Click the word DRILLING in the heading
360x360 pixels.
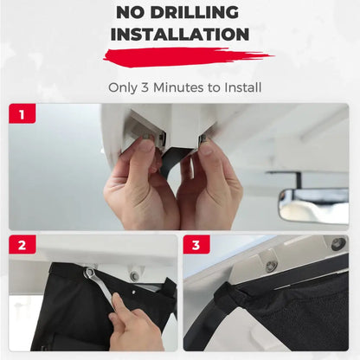click(x=195, y=12)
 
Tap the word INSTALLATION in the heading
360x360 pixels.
click(x=180, y=35)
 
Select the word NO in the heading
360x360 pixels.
click(x=131, y=12)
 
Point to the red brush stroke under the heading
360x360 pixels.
click(x=188, y=56)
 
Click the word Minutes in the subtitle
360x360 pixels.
click(x=178, y=87)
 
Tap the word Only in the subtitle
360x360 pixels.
click(x=123, y=87)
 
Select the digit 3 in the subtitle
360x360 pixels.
click(x=145, y=87)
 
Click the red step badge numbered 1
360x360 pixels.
click(x=22, y=113)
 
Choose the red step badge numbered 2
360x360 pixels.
click(x=22, y=245)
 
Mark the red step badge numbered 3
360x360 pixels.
click(x=196, y=245)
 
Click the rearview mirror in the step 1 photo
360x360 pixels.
click(x=314, y=205)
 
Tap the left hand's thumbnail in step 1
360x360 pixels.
click(x=147, y=145)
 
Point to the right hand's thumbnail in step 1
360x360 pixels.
click(x=207, y=147)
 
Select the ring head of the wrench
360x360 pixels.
click(x=90, y=273)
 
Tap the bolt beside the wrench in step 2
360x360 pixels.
click(x=134, y=276)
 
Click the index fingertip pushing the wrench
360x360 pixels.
click(x=118, y=301)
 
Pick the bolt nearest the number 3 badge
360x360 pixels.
click(x=271, y=265)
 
